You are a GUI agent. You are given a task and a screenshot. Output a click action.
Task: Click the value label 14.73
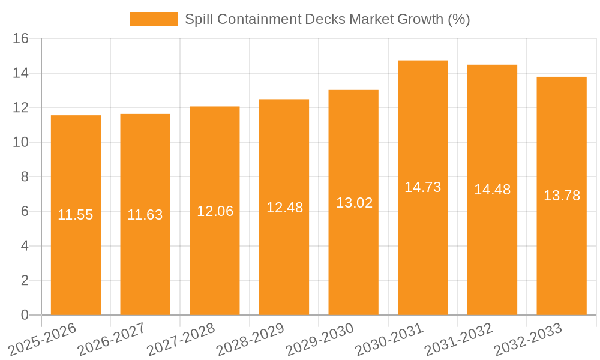tap(422, 187)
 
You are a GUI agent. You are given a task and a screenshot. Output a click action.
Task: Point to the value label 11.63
tap(145, 215)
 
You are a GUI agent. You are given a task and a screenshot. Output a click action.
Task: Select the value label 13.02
tap(354, 203)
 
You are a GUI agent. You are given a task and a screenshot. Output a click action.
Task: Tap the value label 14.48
tap(492, 190)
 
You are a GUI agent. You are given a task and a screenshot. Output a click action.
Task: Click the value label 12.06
tap(215, 211)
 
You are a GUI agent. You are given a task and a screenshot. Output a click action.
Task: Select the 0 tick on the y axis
tap(25, 315)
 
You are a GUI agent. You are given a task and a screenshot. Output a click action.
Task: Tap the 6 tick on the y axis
tap(25, 212)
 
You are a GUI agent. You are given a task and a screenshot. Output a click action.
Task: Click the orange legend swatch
tap(154, 19)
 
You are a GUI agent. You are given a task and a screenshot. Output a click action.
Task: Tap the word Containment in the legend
tap(259, 19)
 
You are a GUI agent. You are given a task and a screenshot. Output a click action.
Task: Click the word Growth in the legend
tap(421, 19)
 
